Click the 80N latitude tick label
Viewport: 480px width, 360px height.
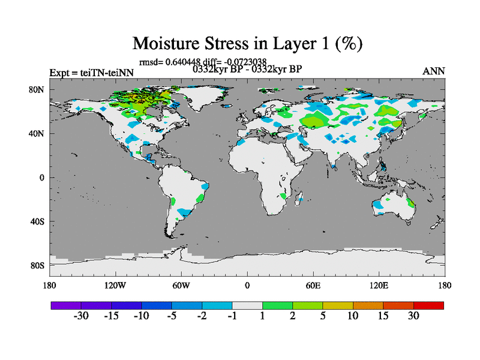(x=37, y=90)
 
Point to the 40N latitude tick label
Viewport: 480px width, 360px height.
(x=37, y=134)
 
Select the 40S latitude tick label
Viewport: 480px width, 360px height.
(x=37, y=221)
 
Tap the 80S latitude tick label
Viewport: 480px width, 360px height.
(x=37, y=265)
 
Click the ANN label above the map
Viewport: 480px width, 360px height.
(x=434, y=71)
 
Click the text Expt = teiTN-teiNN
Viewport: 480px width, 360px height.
(x=92, y=73)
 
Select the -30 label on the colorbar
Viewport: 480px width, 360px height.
(x=81, y=316)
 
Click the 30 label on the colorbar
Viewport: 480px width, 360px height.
(x=413, y=316)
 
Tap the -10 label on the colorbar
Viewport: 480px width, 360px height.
(x=142, y=316)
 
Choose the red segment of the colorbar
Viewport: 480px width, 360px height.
(x=428, y=305)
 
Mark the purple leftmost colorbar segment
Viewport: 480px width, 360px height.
(x=66, y=305)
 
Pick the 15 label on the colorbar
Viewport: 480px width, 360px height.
(x=383, y=316)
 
